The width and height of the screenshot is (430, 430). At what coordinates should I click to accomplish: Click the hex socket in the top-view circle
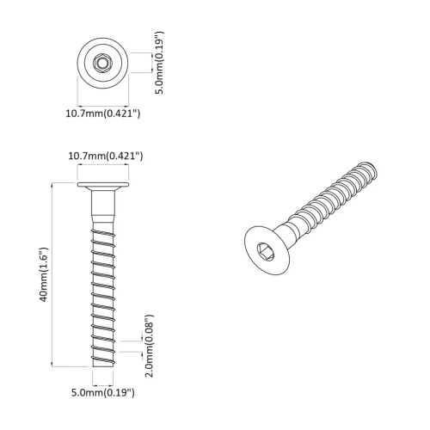click(102, 62)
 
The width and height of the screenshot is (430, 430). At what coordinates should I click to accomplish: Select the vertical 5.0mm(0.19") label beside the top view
click(161, 62)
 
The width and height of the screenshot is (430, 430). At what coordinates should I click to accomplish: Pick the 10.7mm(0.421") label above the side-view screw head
click(105, 156)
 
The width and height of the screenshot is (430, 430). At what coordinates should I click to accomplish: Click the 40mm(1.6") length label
click(41, 273)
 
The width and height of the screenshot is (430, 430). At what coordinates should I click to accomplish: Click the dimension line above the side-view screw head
click(102, 169)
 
